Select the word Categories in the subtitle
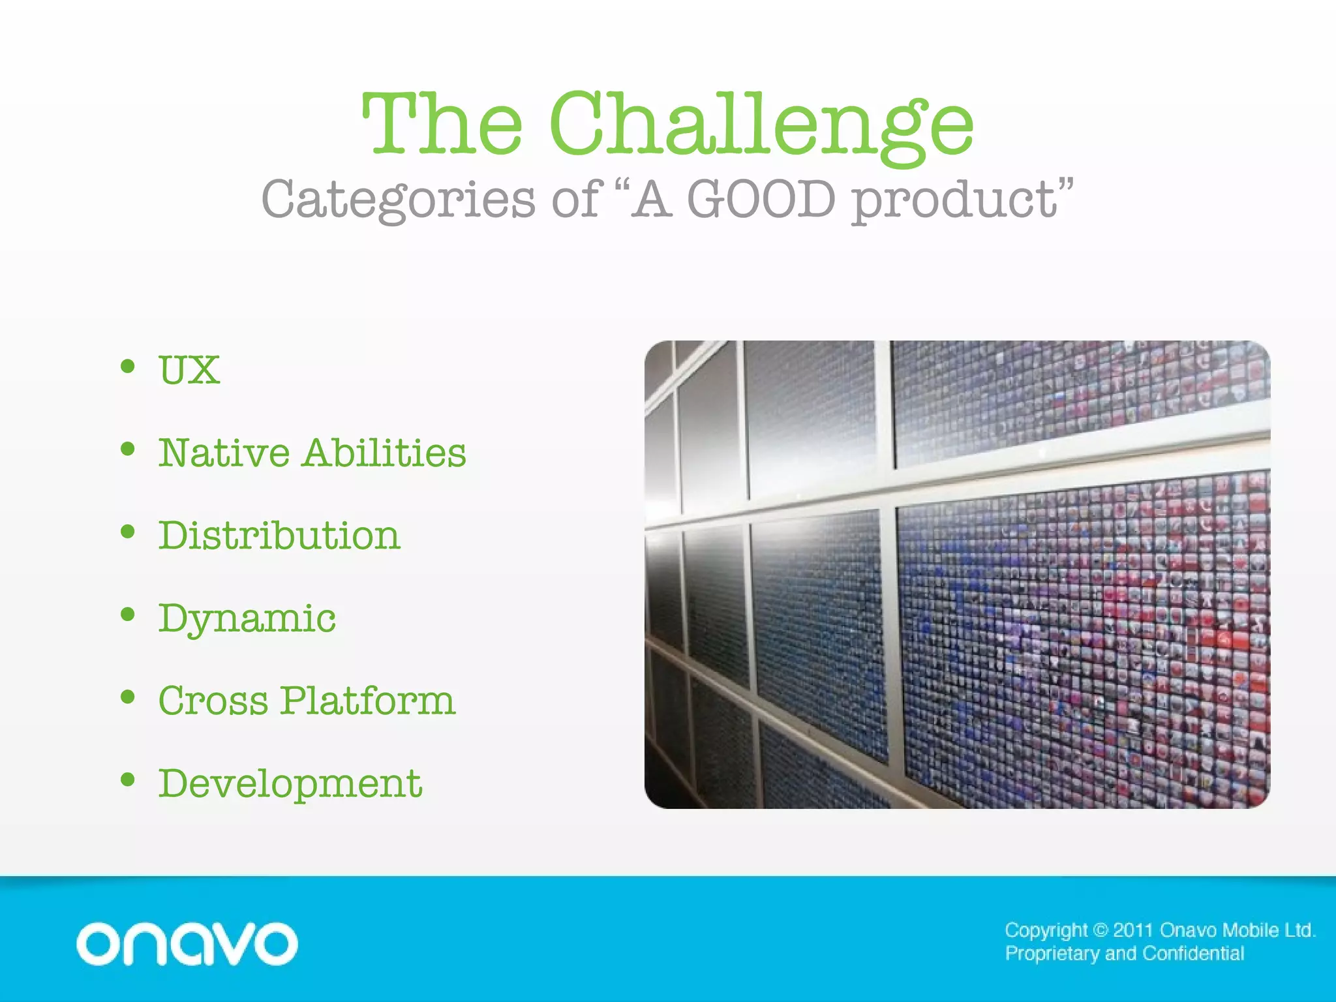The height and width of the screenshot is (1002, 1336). pos(398,200)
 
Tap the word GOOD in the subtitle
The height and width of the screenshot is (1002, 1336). pos(761,200)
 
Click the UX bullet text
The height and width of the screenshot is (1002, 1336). pos(189,371)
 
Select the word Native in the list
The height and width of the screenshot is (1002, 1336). pos(224,453)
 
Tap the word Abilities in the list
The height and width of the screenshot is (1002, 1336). pos(384,453)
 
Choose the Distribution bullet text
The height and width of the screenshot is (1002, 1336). pos(279,536)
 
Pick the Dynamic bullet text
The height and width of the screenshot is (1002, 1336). pos(247,618)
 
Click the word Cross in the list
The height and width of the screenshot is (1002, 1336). pos(213,701)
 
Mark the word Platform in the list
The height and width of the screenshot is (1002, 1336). pos(367,701)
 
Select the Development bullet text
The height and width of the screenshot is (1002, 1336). pos(290,783)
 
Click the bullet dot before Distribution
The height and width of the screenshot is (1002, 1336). pos(128,532)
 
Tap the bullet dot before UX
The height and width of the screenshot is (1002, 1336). pos(128,367)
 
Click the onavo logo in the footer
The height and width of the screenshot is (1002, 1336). pos(187,943)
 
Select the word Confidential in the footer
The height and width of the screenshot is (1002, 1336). pos(1193,954)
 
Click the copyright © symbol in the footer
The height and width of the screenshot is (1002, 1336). pos(1100,930)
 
